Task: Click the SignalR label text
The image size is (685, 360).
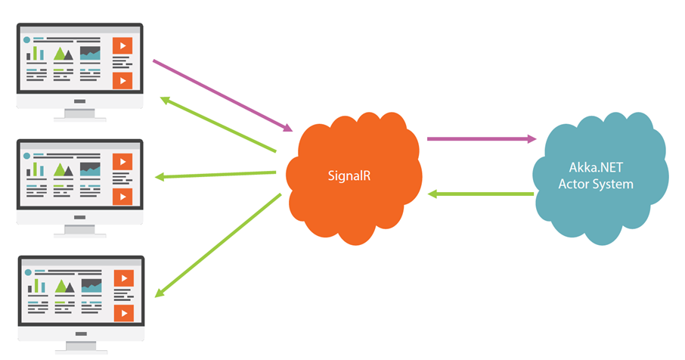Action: tap(349, 176)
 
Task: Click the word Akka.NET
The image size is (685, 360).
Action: tap(596, 167)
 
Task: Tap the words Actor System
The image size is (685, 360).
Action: tap(596, 184)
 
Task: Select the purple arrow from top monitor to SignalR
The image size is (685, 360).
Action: tap(222, 95)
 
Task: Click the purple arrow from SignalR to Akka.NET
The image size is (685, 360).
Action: tap(482, 139)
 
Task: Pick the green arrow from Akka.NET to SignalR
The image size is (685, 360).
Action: tap(481, 194)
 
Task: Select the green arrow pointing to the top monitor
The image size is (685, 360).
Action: tap(218, 124)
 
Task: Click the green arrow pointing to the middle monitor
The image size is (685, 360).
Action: tap(215, 175)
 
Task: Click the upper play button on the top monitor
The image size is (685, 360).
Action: tap(122, 45)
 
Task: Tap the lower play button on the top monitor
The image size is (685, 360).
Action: tap(122, 80)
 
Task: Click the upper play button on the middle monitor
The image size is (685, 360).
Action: tap(122, 162)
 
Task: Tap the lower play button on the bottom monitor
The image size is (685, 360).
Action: tap(124, 313)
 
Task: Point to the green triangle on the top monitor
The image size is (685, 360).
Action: tap(60, 54)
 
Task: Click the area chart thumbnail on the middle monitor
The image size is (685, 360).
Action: tap(90, 169)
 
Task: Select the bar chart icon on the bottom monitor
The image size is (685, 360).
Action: tap(36, 285)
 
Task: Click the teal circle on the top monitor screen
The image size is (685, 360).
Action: tap(26, 40)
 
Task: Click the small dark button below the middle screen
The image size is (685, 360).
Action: tap(79, 217)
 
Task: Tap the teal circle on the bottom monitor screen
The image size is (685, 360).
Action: tap(28, 272)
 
